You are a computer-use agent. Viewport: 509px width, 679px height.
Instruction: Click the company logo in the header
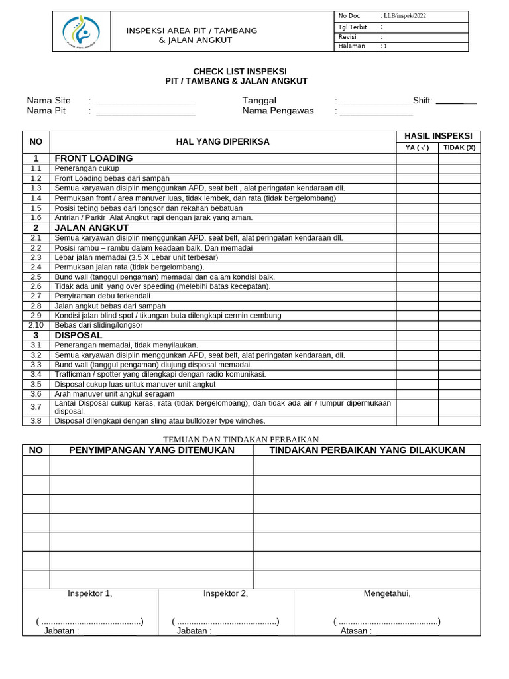pos(81,31)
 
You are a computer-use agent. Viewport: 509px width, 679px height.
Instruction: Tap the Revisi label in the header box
pos(347,37)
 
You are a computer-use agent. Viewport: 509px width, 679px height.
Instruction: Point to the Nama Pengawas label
pos(278,111)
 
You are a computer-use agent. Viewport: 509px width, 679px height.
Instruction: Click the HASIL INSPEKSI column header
pos(438,136)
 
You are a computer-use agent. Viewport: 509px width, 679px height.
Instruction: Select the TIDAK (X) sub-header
pos(459,148)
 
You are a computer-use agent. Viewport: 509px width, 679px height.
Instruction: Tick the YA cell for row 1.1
pos(417,168)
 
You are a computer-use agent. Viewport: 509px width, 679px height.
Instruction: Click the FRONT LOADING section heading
pos(93,158)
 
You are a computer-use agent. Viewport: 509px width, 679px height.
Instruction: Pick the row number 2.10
pos(36,326)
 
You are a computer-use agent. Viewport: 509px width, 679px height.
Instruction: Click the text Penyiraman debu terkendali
pos(103,296)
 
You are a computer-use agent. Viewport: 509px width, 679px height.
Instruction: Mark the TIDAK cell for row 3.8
pos(459,421)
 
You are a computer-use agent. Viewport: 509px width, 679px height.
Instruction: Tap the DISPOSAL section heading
pos(78,336)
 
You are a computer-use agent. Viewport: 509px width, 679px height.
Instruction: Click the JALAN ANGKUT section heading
pos(91,227)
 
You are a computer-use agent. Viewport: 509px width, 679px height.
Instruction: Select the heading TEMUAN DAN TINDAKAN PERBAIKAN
pos(241,440)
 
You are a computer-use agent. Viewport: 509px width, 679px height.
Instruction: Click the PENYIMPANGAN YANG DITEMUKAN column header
pos(152,450)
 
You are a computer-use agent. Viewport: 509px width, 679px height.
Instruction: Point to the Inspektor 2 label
pos(225,593)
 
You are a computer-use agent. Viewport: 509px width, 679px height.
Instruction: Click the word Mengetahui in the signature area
pos(387,593)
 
